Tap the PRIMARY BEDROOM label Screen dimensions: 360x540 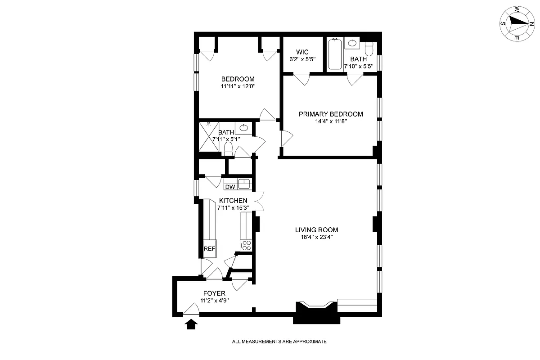tap(331, 114)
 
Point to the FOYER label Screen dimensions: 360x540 tap(214, 293)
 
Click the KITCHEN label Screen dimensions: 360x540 tap(233, 200)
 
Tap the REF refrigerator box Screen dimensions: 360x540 tap(209, 249)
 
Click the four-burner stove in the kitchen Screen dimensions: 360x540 tap(246, 245)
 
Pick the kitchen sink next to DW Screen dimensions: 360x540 tap(244, 184)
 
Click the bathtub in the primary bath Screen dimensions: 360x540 tap(335, 54)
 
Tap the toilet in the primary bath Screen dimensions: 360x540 tap(369, 48)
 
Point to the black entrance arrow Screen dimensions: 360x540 tap(191, 324)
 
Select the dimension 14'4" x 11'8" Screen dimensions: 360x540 tap(331, 121)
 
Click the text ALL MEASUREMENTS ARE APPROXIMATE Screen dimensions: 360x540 tap(279, 342)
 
